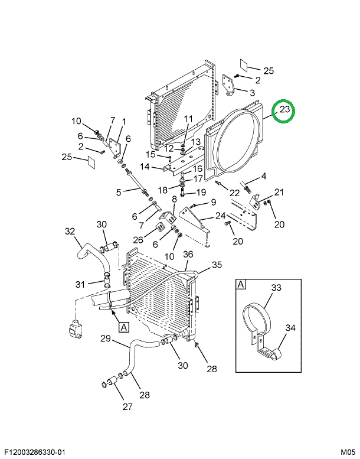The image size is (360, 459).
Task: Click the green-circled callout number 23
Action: tap(285, 110)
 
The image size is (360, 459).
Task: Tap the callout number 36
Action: tap(188, 255)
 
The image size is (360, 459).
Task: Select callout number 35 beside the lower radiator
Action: tap(217, 265)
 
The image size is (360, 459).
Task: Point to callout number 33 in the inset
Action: tap(276, 288)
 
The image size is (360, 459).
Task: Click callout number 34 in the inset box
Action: tap(290, 328)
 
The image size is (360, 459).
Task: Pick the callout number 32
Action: tap(70, 231)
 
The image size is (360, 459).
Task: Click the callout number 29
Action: tap(106, 338)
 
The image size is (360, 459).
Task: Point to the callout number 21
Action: tap(279, 191)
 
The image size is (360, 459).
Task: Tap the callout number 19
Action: tap(201, 192)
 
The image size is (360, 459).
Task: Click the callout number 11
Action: tap(188, 119)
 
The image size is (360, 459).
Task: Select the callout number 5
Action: tap(118, 191)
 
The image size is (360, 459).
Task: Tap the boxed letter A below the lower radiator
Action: tap(123, 326)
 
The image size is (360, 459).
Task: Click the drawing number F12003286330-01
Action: tap(34, 453)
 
